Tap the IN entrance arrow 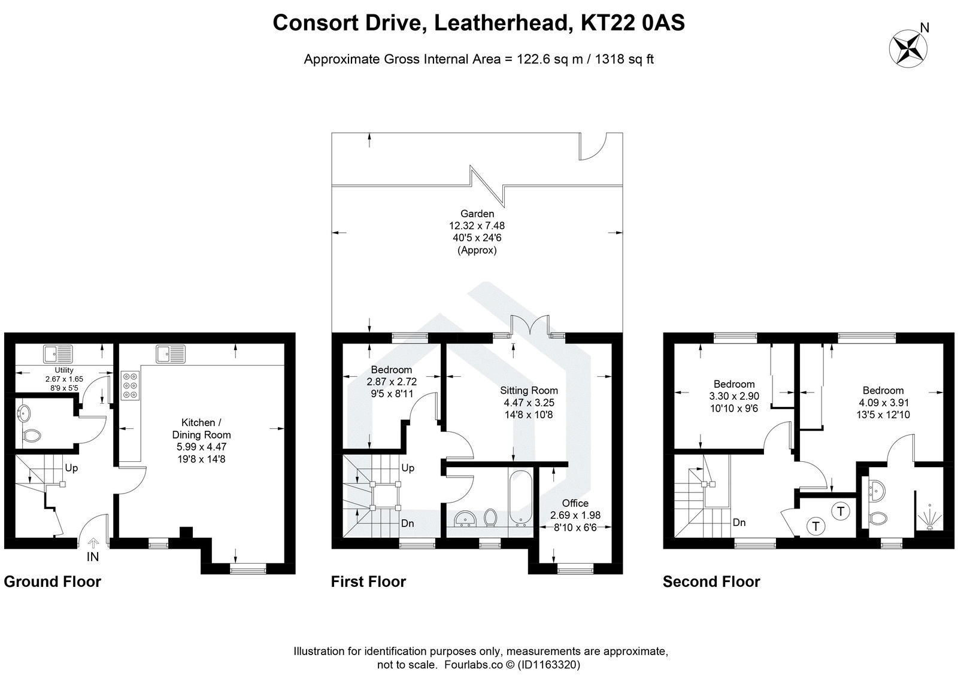93,543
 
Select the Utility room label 64,370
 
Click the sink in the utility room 58,354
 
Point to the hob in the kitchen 129,386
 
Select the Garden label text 477,214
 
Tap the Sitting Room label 529,391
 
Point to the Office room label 575,503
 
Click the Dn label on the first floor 408,523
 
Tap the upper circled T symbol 841,511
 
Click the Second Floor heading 711,582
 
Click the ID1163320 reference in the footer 547,665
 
